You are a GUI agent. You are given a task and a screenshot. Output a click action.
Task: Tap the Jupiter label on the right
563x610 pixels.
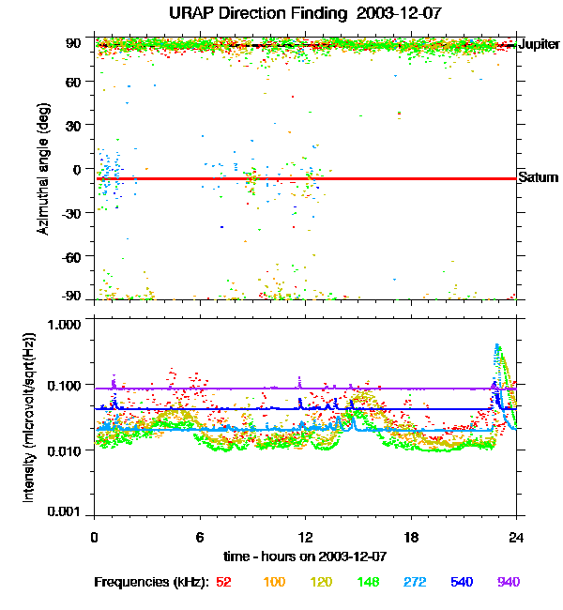[540, 44]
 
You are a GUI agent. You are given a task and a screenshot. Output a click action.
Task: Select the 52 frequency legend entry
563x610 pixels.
[224, 582]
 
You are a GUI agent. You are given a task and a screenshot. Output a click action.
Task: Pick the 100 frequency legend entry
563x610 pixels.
[274, 582]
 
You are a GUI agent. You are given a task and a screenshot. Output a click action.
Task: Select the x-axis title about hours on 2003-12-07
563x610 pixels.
[305, 557]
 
